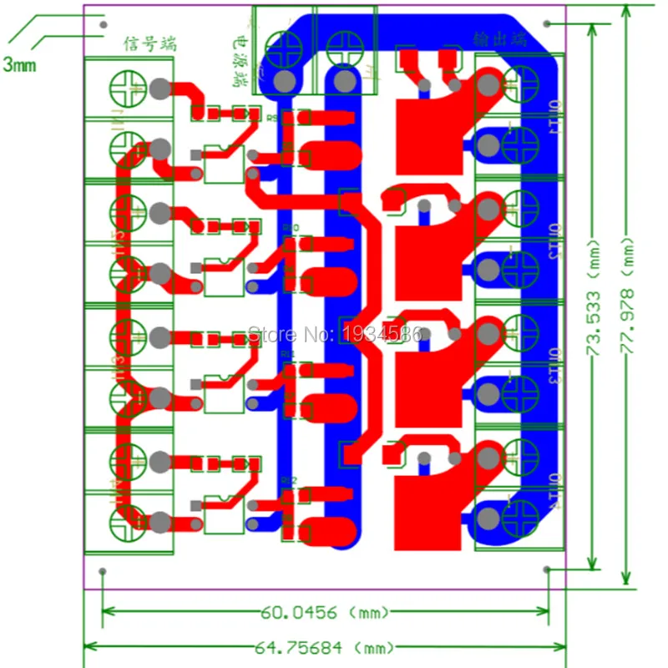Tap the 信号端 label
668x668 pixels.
point(150,43)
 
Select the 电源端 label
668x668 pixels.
point(240,63)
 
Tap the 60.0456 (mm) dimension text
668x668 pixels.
point(325,613)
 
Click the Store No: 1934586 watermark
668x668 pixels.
point(337,335)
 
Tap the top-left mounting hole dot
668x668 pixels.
point(103,24)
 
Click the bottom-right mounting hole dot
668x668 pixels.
point(547,569)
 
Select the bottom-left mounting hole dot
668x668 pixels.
point(103,571)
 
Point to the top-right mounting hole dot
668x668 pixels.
point(547,23)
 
